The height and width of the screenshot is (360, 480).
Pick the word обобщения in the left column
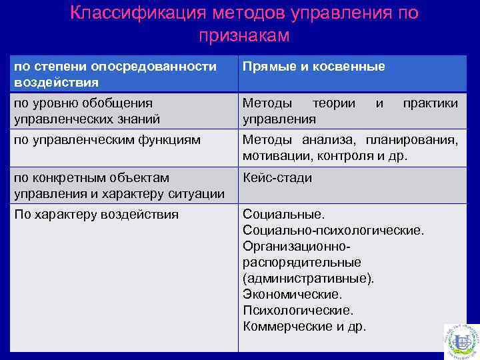[121, 103]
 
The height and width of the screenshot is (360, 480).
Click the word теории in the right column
[333, 103]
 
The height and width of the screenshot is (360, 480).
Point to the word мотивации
[271, 156]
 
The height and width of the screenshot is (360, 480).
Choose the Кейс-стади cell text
[277, 178]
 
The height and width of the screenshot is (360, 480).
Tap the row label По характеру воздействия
[96, 215]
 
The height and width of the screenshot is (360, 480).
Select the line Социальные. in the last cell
[283, 215]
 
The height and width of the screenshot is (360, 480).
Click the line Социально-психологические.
[333, 231]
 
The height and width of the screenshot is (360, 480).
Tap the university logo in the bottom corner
[461, 340]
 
